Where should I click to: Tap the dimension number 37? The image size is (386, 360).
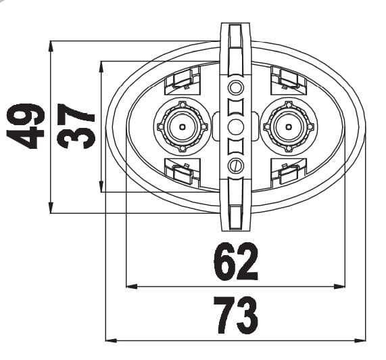click(76, 127)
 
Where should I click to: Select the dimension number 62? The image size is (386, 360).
click(236, 263)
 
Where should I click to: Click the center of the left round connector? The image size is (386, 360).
click(180, 126)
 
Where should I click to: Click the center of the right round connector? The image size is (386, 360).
click(291, 126)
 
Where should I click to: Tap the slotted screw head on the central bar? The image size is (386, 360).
click(236, 166)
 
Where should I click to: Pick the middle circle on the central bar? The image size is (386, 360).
click(236, 126)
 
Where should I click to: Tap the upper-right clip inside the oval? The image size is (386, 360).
click(289, 81)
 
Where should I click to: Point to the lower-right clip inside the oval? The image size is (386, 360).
click(289, 173)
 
